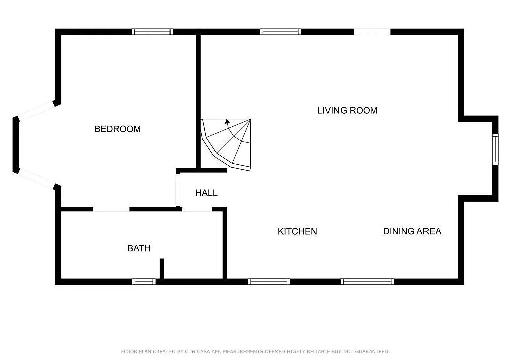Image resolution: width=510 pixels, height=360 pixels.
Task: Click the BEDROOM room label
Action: [x=117, y=129]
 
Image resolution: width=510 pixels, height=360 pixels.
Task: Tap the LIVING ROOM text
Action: [x=348, y=110]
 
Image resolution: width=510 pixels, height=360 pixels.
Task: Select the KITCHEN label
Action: [x=297, y=232]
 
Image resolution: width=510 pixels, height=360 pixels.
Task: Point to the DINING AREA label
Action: [x=412, y=231]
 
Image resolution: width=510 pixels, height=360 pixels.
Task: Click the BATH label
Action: [x=139, y=248]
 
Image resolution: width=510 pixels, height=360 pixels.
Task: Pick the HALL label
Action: [x=206, y=193]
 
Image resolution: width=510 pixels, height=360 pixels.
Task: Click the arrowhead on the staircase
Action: [x=227, y=122]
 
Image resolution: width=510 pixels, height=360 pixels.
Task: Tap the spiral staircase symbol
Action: [x=226, y=145]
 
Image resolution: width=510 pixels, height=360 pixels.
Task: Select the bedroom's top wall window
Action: [x=152, y=32]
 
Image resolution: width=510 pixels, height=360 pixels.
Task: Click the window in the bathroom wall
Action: [x=144, y=281]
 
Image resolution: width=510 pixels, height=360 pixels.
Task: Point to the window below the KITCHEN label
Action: [x=269, y=281]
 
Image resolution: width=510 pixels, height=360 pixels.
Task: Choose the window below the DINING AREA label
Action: [x=367, y=281]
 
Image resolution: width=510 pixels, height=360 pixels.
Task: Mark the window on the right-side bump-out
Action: [x=495, y=149]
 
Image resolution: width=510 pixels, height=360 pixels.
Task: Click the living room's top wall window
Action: [x=280, y=32]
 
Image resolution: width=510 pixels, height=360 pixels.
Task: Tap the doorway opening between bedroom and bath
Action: [x=111, y=209]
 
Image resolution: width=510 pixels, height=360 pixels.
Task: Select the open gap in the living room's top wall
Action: [x=372, y=32]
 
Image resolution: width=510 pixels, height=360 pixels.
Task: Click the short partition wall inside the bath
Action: [x=162, y=268]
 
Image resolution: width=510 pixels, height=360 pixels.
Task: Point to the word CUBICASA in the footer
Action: [x=198, y=351]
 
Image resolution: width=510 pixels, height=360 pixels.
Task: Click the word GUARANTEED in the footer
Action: [x=372, y=351]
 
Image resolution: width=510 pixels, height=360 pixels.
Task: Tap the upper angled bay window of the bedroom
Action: [x=36, y=111]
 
